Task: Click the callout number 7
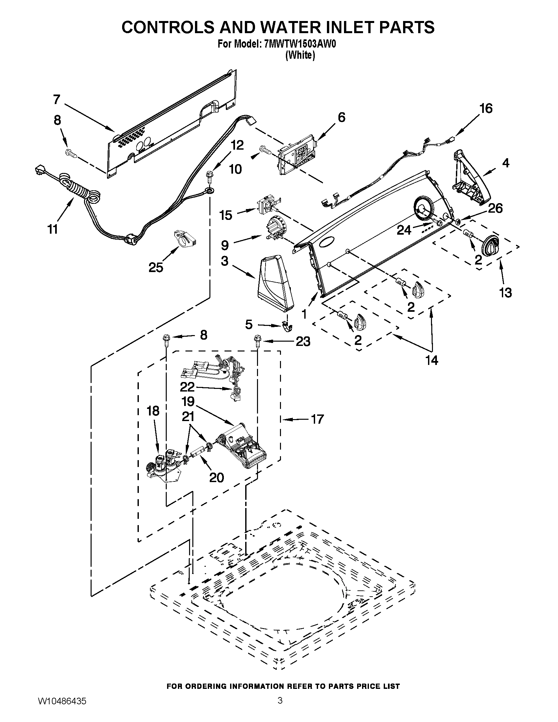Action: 57,99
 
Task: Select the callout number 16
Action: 486,108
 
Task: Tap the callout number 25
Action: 156,267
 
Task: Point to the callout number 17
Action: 317,419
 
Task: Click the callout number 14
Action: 432,360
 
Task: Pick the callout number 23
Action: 303,342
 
